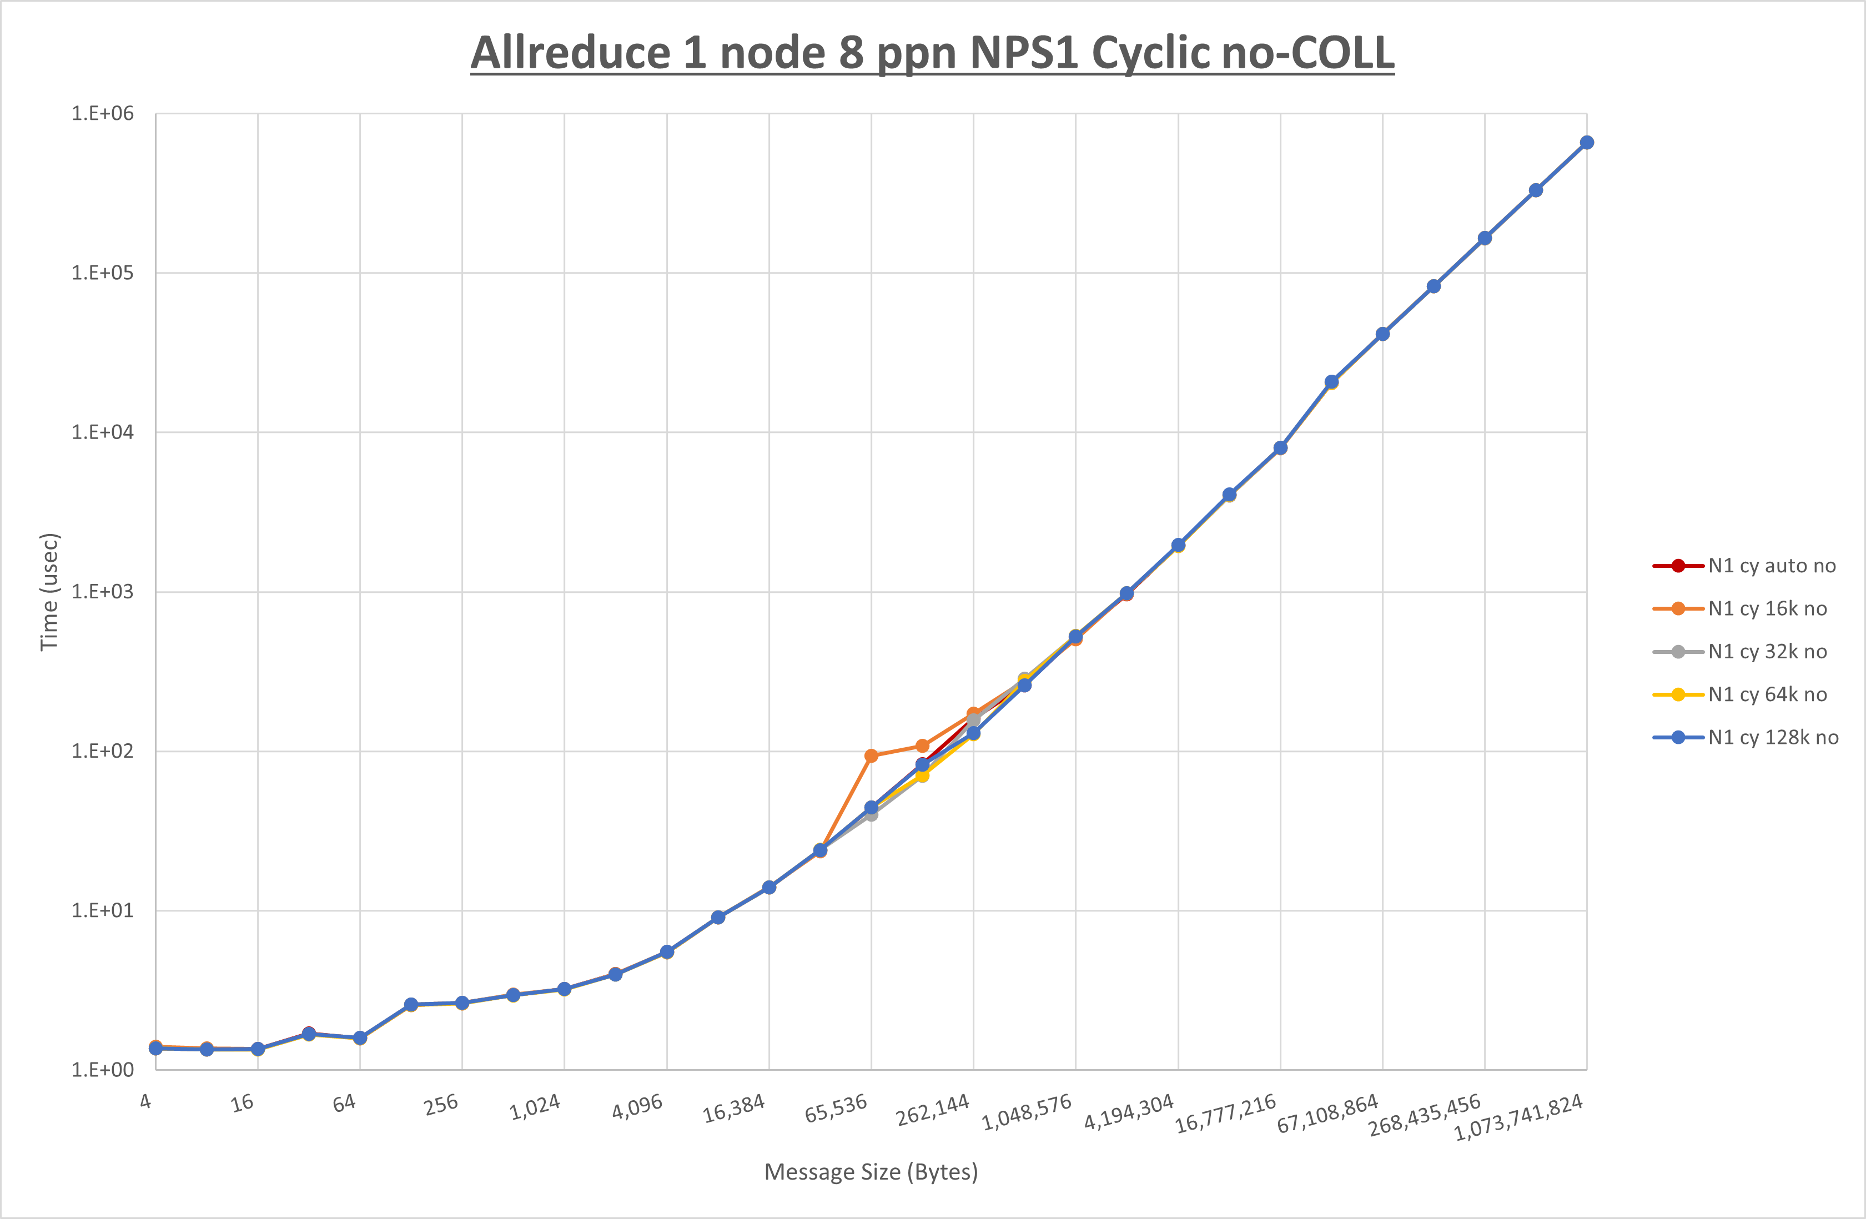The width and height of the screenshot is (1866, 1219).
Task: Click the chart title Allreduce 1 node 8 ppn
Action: click(932, 53)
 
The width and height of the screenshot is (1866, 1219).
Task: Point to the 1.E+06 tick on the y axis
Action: click(103, 114)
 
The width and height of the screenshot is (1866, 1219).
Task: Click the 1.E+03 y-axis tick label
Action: click(103, 592)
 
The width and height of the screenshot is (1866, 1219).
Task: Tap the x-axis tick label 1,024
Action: click(536, 1107)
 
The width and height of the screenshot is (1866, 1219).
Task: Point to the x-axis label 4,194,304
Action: click(1129, 1112)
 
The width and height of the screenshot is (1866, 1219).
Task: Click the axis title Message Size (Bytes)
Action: click(871, 1172)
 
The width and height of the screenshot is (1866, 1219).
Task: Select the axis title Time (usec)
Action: click(49, 592)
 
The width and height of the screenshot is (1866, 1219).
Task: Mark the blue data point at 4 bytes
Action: click(156, 1048)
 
